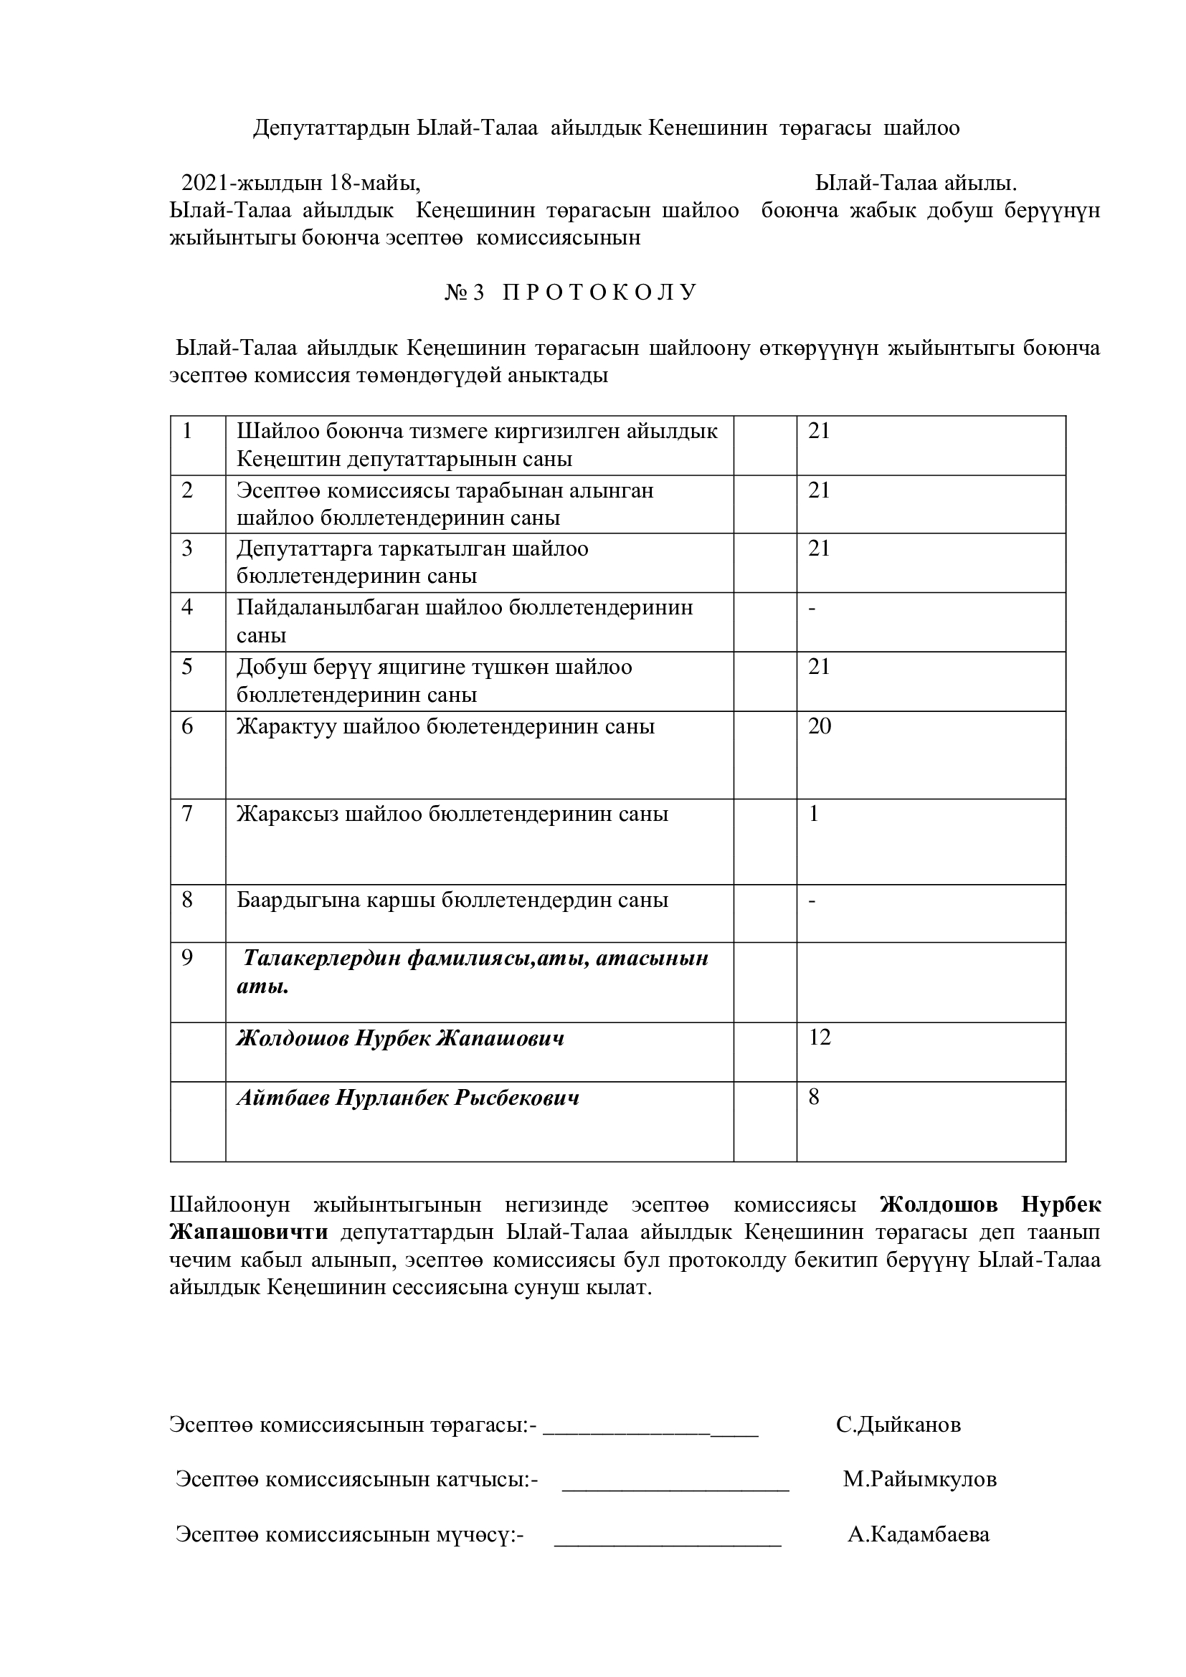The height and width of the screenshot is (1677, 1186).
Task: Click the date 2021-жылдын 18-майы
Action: [x=300, y=183]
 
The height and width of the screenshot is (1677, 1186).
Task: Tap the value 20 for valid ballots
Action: [x=820, y=726]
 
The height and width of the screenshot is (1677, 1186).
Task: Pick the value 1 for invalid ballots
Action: [x=815, y=814]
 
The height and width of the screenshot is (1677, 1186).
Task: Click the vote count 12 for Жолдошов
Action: [x=820, y=1037]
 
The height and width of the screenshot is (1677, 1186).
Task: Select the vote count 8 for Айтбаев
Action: [x=815, y=1097]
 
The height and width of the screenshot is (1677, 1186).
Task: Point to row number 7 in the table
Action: [x=187, y=814]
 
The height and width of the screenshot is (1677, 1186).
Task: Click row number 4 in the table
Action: [x=187, y=607]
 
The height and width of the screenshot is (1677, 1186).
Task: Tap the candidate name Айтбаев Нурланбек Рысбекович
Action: [x=407, y=1098]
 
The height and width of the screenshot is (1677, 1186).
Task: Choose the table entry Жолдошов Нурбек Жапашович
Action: [x=400, y=1039]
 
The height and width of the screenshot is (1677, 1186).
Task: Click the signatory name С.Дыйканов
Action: [x=898, y=1425]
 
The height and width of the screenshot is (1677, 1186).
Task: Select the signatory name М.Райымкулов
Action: [x=919, y=1480]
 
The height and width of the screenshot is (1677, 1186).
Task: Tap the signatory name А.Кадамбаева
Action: [x=919, y=1534]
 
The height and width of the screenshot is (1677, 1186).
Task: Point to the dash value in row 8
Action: [x=812, y=901]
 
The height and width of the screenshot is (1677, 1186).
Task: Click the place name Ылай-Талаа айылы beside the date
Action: [x=916, y=183]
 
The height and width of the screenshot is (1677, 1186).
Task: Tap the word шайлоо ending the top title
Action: [x=921, y=128]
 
